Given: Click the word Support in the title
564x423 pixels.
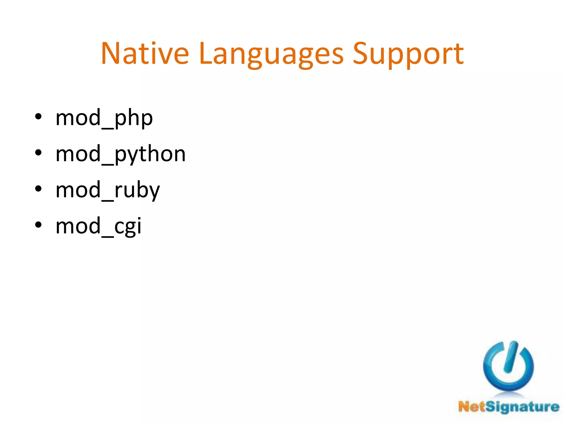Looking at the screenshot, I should coord(408,54).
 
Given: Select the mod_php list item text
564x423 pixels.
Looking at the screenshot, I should coord(104,118).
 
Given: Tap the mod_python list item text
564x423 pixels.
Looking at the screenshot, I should coord(121,154).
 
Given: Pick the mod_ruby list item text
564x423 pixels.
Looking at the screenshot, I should coord(107,190).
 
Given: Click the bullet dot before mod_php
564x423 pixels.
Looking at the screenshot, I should coord(38,117).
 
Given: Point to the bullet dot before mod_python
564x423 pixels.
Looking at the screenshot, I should coord(38,153).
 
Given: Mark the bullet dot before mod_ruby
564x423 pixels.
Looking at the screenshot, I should coord(38,189).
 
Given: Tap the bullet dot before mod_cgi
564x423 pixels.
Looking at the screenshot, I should coord(38,225).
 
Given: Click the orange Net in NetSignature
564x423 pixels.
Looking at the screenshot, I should coord(472,407).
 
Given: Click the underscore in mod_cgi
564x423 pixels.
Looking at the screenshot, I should coord(107,236).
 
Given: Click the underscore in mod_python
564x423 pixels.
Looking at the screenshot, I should coord(107,164).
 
